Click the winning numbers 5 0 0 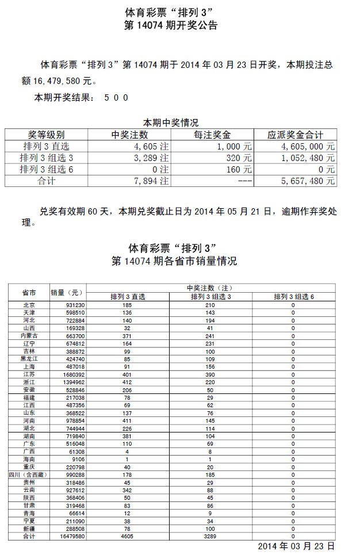(116, 98)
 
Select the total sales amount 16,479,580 (56, 81)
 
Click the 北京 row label (29, 305)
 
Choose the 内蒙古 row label (29, 335)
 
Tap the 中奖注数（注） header (210, 288)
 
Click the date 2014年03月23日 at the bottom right (296, 546)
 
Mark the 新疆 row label (29, 529)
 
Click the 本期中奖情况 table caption (171, 123)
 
